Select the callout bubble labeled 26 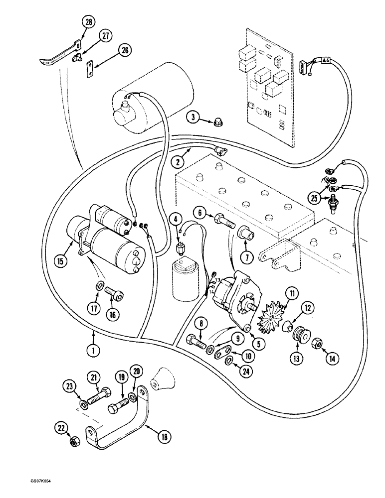(125, 50)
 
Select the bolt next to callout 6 (222, 219)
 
